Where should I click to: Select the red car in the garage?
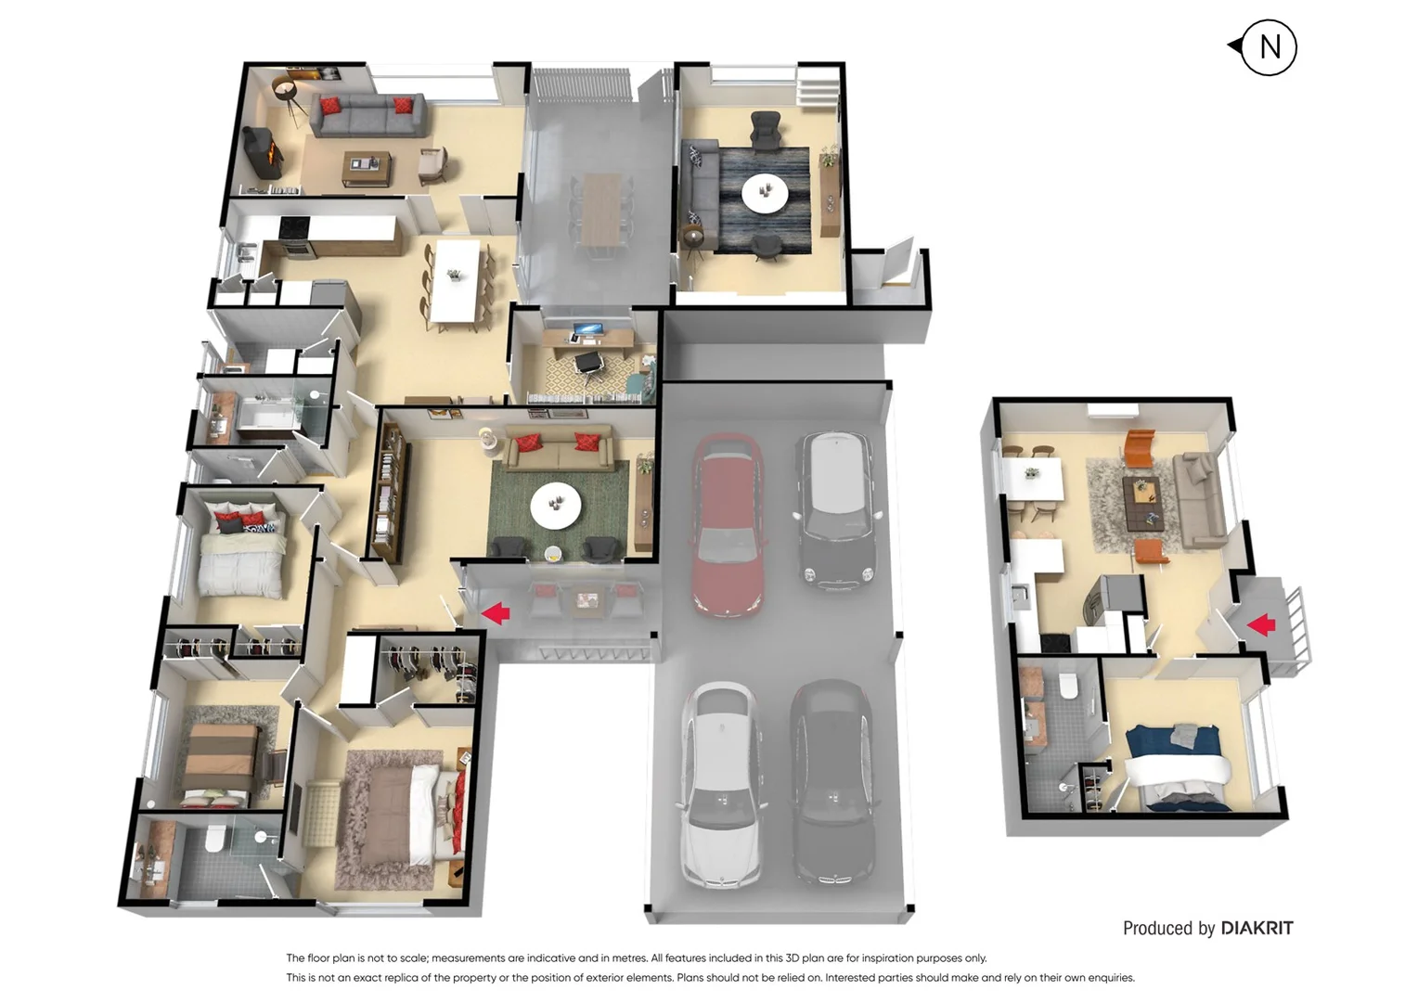coord(728,524)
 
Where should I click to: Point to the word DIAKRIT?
coord(1257,928)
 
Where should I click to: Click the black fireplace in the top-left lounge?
coord(262,153)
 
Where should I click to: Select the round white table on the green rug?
coord(555,506)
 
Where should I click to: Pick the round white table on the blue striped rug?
coord(765,193)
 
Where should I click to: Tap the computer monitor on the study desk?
coord(587,329)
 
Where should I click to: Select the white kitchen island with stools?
coord(456,280)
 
